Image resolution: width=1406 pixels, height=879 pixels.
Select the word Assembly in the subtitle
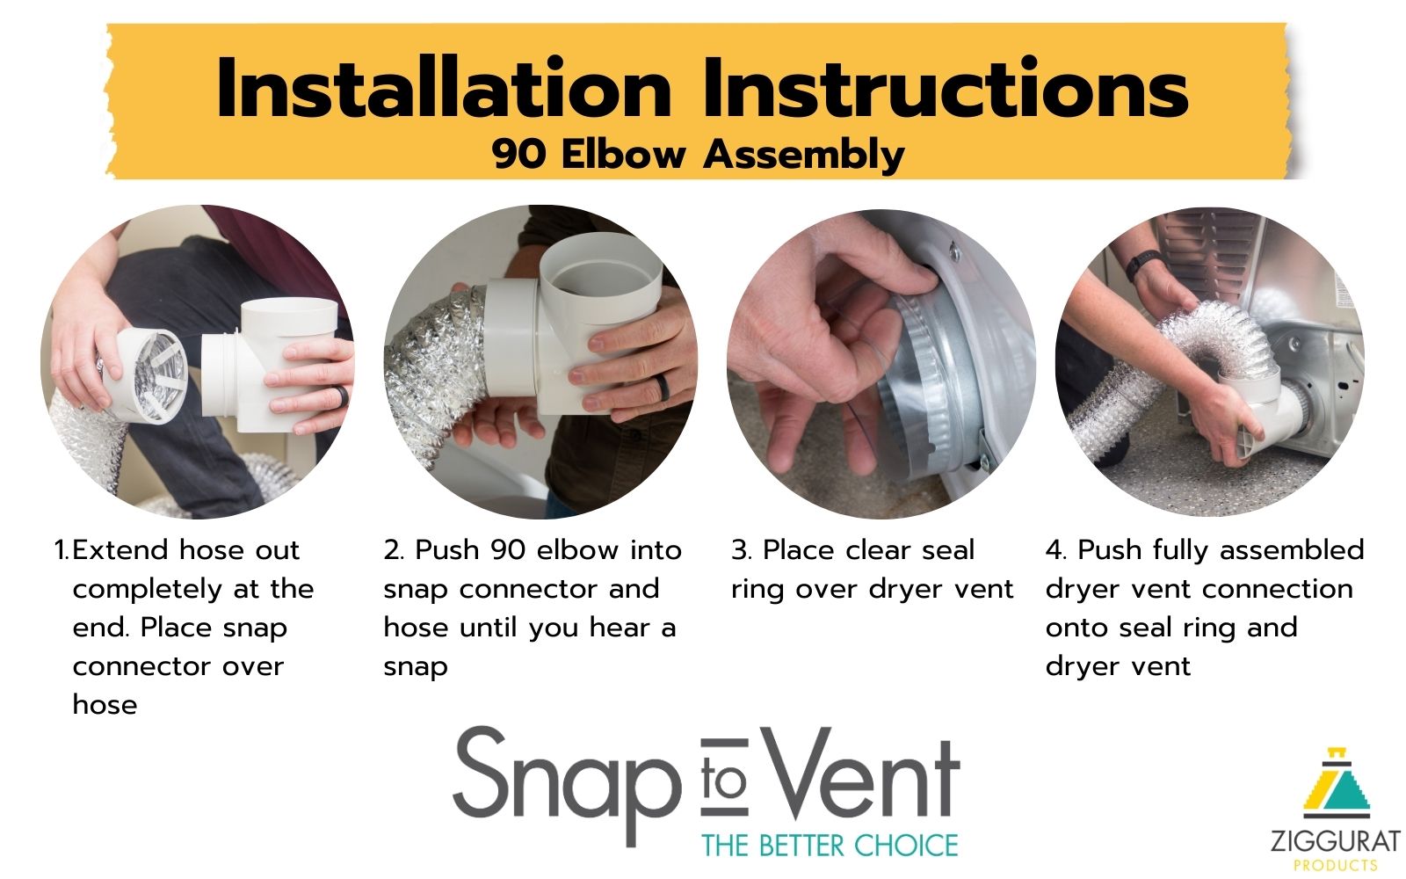click(803, 155)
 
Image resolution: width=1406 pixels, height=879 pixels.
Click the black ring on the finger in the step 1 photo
click(341, 397)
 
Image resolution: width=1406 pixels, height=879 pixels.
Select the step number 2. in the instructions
click(394, 550)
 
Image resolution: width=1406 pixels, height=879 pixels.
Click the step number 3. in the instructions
click(742, 550)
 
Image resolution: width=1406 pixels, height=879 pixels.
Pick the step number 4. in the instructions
click(1056, 550)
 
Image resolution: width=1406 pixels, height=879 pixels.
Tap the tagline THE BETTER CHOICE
click(830, 845)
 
